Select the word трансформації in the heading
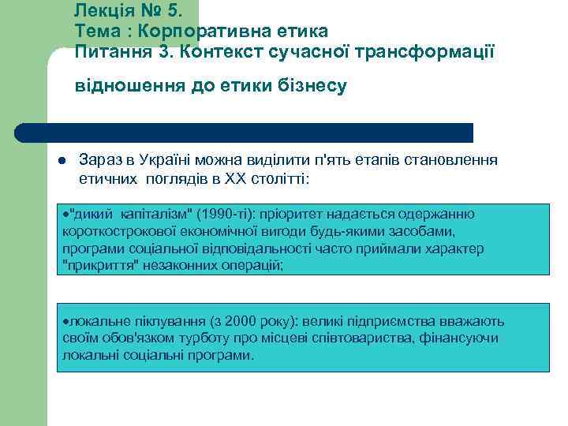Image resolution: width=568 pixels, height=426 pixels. click(x=428, y=52)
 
